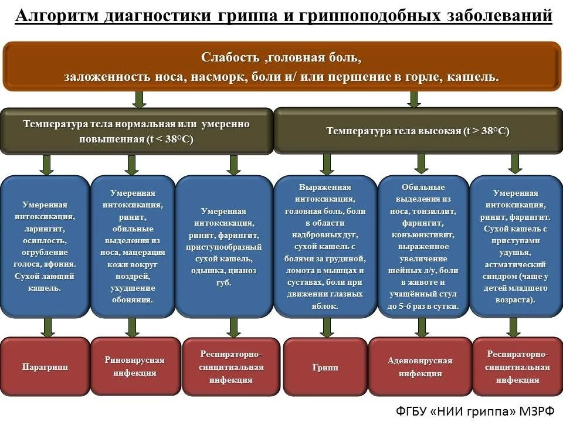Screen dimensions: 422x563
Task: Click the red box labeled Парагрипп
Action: pos(45,367)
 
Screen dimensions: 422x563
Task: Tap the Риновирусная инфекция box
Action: pos(134,366)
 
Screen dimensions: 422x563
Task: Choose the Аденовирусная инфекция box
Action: pos(420,367)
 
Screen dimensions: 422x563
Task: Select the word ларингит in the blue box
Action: pos(45,229)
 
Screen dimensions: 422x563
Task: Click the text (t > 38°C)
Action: pos(486,131)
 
